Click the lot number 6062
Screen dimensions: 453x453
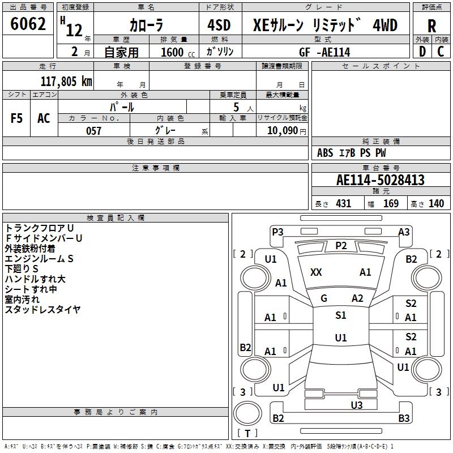(x=28, y=24)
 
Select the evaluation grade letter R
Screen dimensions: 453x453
(x=431, y=26)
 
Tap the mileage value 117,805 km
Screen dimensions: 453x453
(x=66, y=82)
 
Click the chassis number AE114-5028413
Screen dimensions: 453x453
(x=381, y=180)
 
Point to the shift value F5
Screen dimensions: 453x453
(x=16, y=118)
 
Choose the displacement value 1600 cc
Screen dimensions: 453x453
(x=178, y=52)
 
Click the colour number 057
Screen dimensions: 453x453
(x=93, y=131)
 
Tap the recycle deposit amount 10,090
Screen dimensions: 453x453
(x=283, y=131)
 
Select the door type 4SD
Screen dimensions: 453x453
(x=219, y=25)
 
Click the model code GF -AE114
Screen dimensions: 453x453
(x=324, y=52)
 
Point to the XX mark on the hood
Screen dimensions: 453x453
(x=316, y=272)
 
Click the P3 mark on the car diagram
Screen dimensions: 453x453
(x=277, y=232)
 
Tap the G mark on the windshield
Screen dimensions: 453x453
(x=324, y=298)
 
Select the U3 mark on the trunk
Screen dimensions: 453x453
(x=357, y=405)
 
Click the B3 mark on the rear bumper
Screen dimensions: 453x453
(x=404, y=418)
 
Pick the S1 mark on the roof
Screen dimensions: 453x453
(x=341, y=315)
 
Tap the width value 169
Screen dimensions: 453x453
(x=391, y=203)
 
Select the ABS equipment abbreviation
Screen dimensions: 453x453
(x=325, y=153)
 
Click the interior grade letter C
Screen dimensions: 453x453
(x=441, y=52)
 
